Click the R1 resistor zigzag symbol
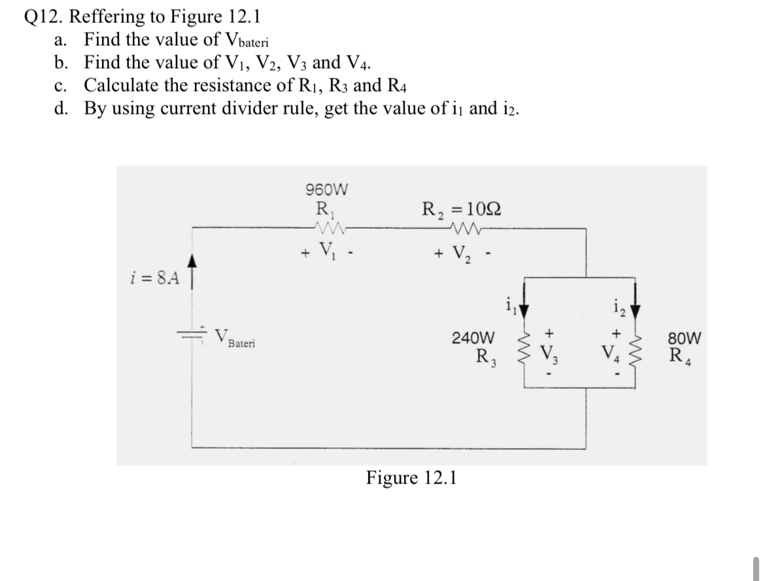pyautogui.click(x=328, y=228)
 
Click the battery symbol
pyautogui.click(x=195, y=333)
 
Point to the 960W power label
pyautogui.click(x=327, y=190)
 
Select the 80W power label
pyautogui.click(x=687, y=339)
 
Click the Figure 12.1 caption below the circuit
pyautogui.click(x=411, y=478)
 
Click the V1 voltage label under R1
pyautogui.click(x=325, y=251)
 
